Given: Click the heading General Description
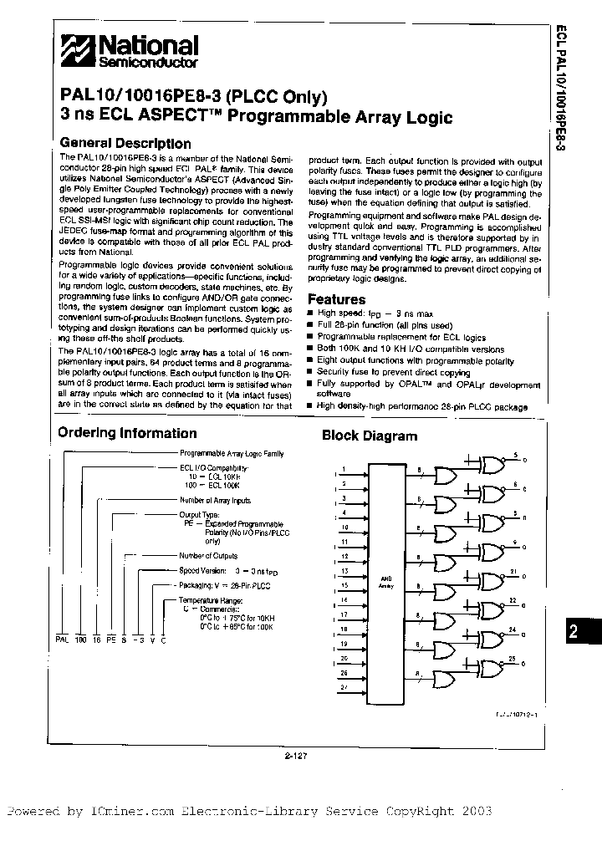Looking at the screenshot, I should pos(125,144).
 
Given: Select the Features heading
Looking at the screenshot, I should pos(337,299).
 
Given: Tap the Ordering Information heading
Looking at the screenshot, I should pos(127,433).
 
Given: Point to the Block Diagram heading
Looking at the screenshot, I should pos(370,436).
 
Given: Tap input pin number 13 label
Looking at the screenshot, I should pos(344,571).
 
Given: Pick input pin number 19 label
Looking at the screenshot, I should pos(344,643).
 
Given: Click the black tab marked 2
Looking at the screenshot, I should pos(573,632).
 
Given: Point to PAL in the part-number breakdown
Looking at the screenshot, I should pos(61,638).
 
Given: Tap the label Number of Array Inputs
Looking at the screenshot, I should pos(215,500).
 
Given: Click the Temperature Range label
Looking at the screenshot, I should pos(211,600).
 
